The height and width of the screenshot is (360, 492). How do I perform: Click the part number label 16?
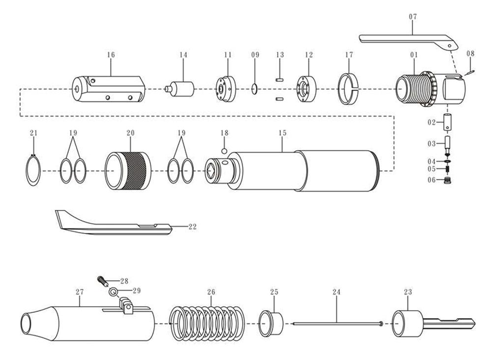point(110,55)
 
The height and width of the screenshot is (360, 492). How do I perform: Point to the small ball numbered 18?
point(224,151)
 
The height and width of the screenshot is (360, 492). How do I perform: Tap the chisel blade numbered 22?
point(113,224)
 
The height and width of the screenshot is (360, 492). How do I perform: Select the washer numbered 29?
point(113,292)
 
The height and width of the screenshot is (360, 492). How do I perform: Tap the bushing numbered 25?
point(270,324)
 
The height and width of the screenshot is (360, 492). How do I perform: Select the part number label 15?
point(282,133)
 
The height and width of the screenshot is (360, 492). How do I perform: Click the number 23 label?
point(408,292)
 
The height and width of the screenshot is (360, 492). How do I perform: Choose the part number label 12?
point(308,55)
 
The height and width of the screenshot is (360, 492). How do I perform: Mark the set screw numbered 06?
point(447,180)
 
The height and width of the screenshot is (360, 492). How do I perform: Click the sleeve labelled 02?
point(447,123)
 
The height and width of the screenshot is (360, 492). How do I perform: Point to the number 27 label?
point(80,292)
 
